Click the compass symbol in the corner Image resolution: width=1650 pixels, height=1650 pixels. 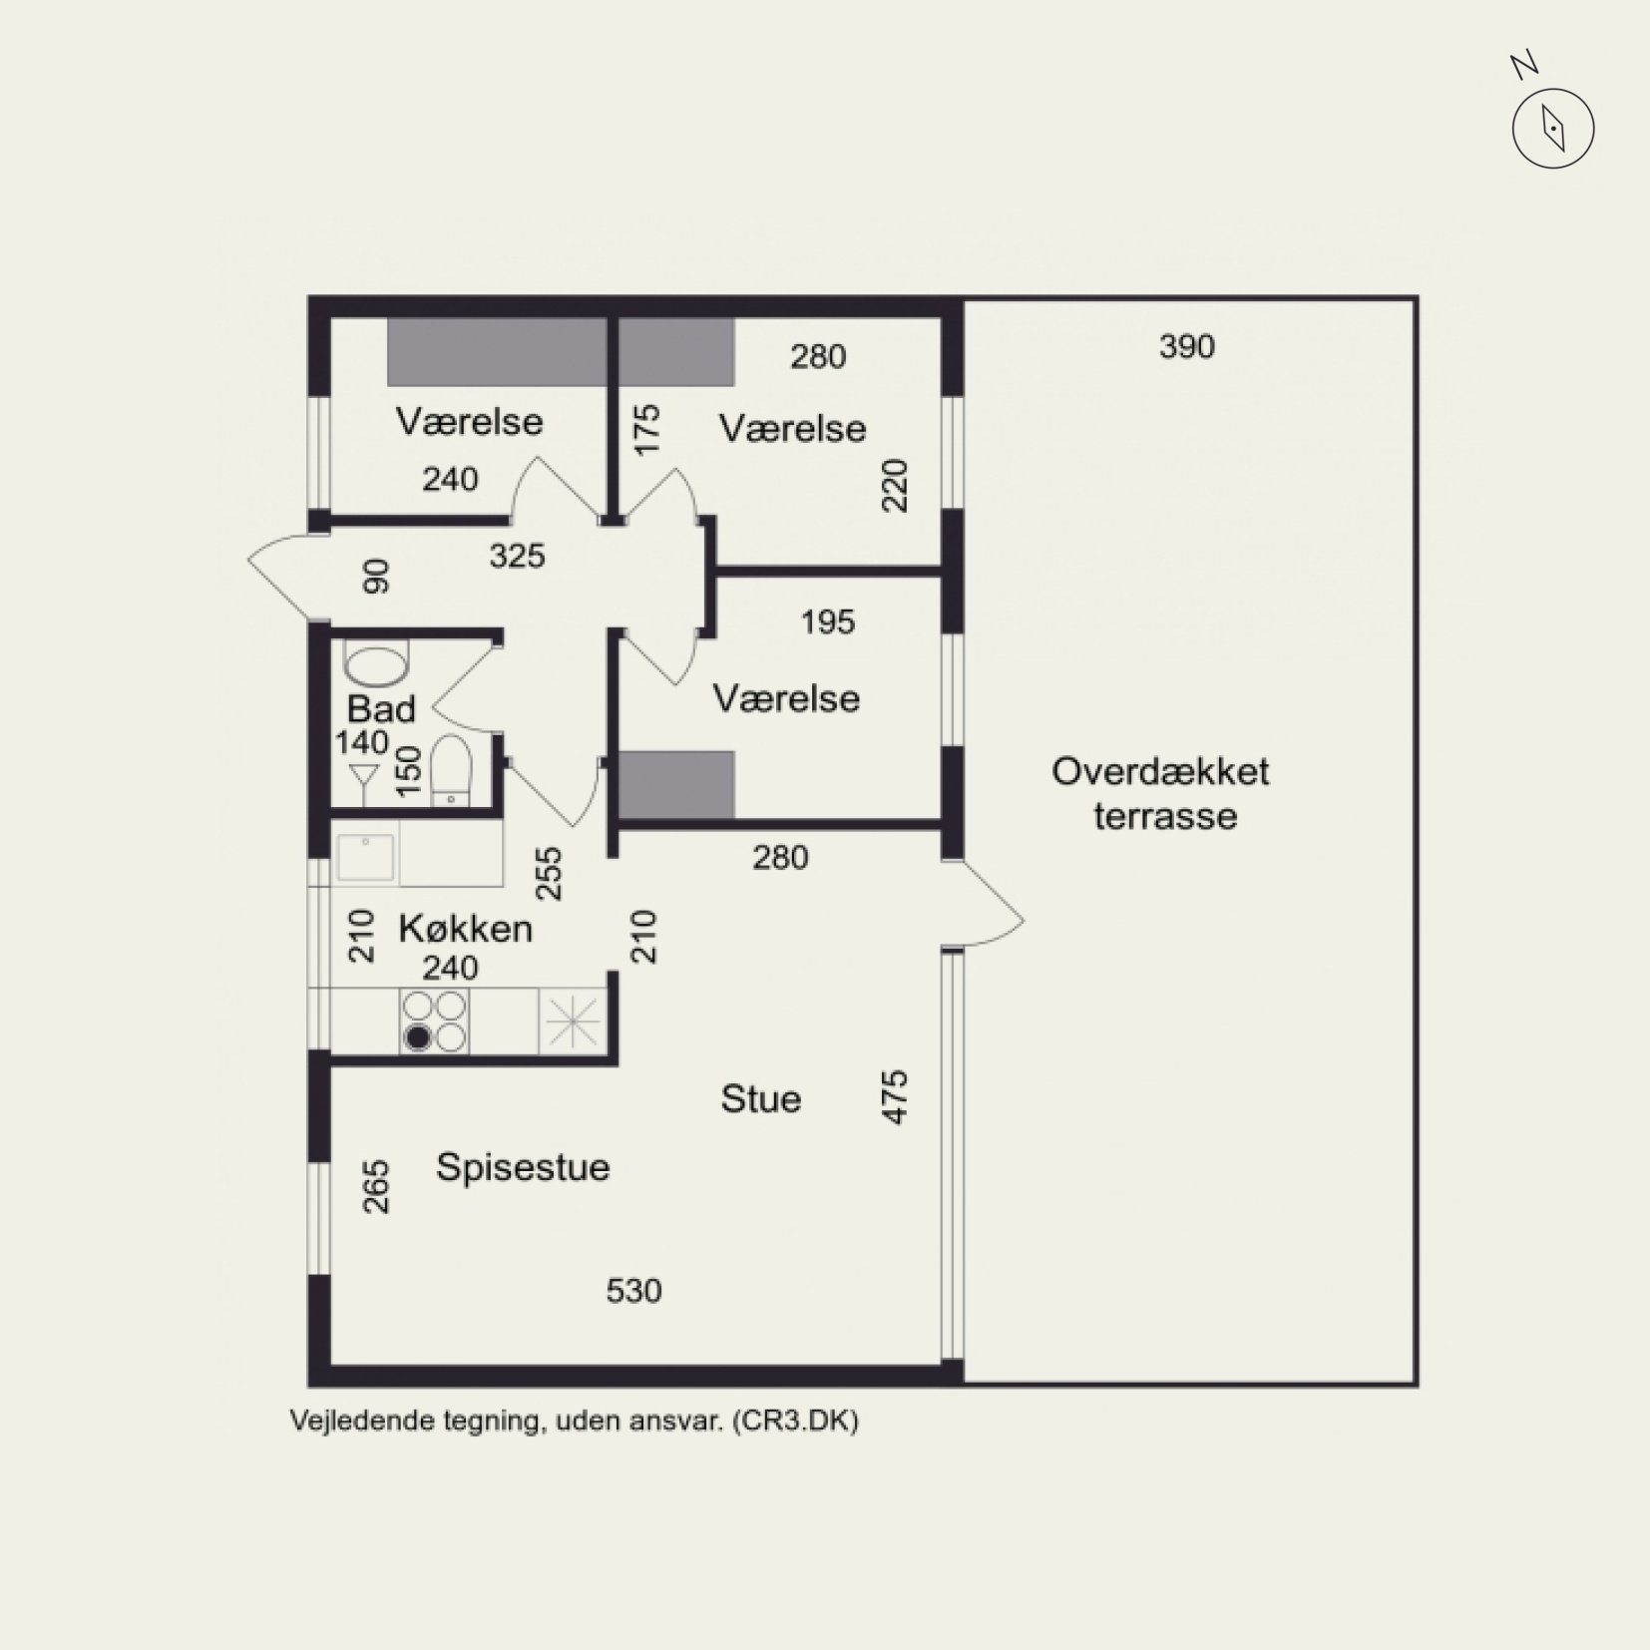1552,128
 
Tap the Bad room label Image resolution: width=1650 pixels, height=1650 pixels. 381,709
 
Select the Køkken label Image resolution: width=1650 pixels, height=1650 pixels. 465,929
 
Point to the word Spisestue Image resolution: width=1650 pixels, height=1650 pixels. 523,1167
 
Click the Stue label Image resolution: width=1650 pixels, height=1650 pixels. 761,1098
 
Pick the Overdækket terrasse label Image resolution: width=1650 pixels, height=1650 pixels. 1161,793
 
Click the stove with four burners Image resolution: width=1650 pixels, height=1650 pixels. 435,1021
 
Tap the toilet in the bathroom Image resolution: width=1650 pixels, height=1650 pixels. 452,771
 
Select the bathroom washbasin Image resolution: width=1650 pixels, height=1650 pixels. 376,665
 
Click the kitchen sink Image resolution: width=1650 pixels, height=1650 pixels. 366,857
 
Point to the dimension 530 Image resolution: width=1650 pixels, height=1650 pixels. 633,1291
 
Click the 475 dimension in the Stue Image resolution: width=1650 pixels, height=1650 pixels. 896,1097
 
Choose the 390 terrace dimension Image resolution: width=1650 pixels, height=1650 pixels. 1187,346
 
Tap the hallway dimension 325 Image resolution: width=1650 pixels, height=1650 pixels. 517,556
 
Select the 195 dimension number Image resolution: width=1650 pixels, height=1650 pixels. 828,622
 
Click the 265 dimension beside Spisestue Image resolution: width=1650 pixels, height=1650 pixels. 376,1186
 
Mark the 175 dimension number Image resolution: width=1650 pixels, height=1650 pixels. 647,429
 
